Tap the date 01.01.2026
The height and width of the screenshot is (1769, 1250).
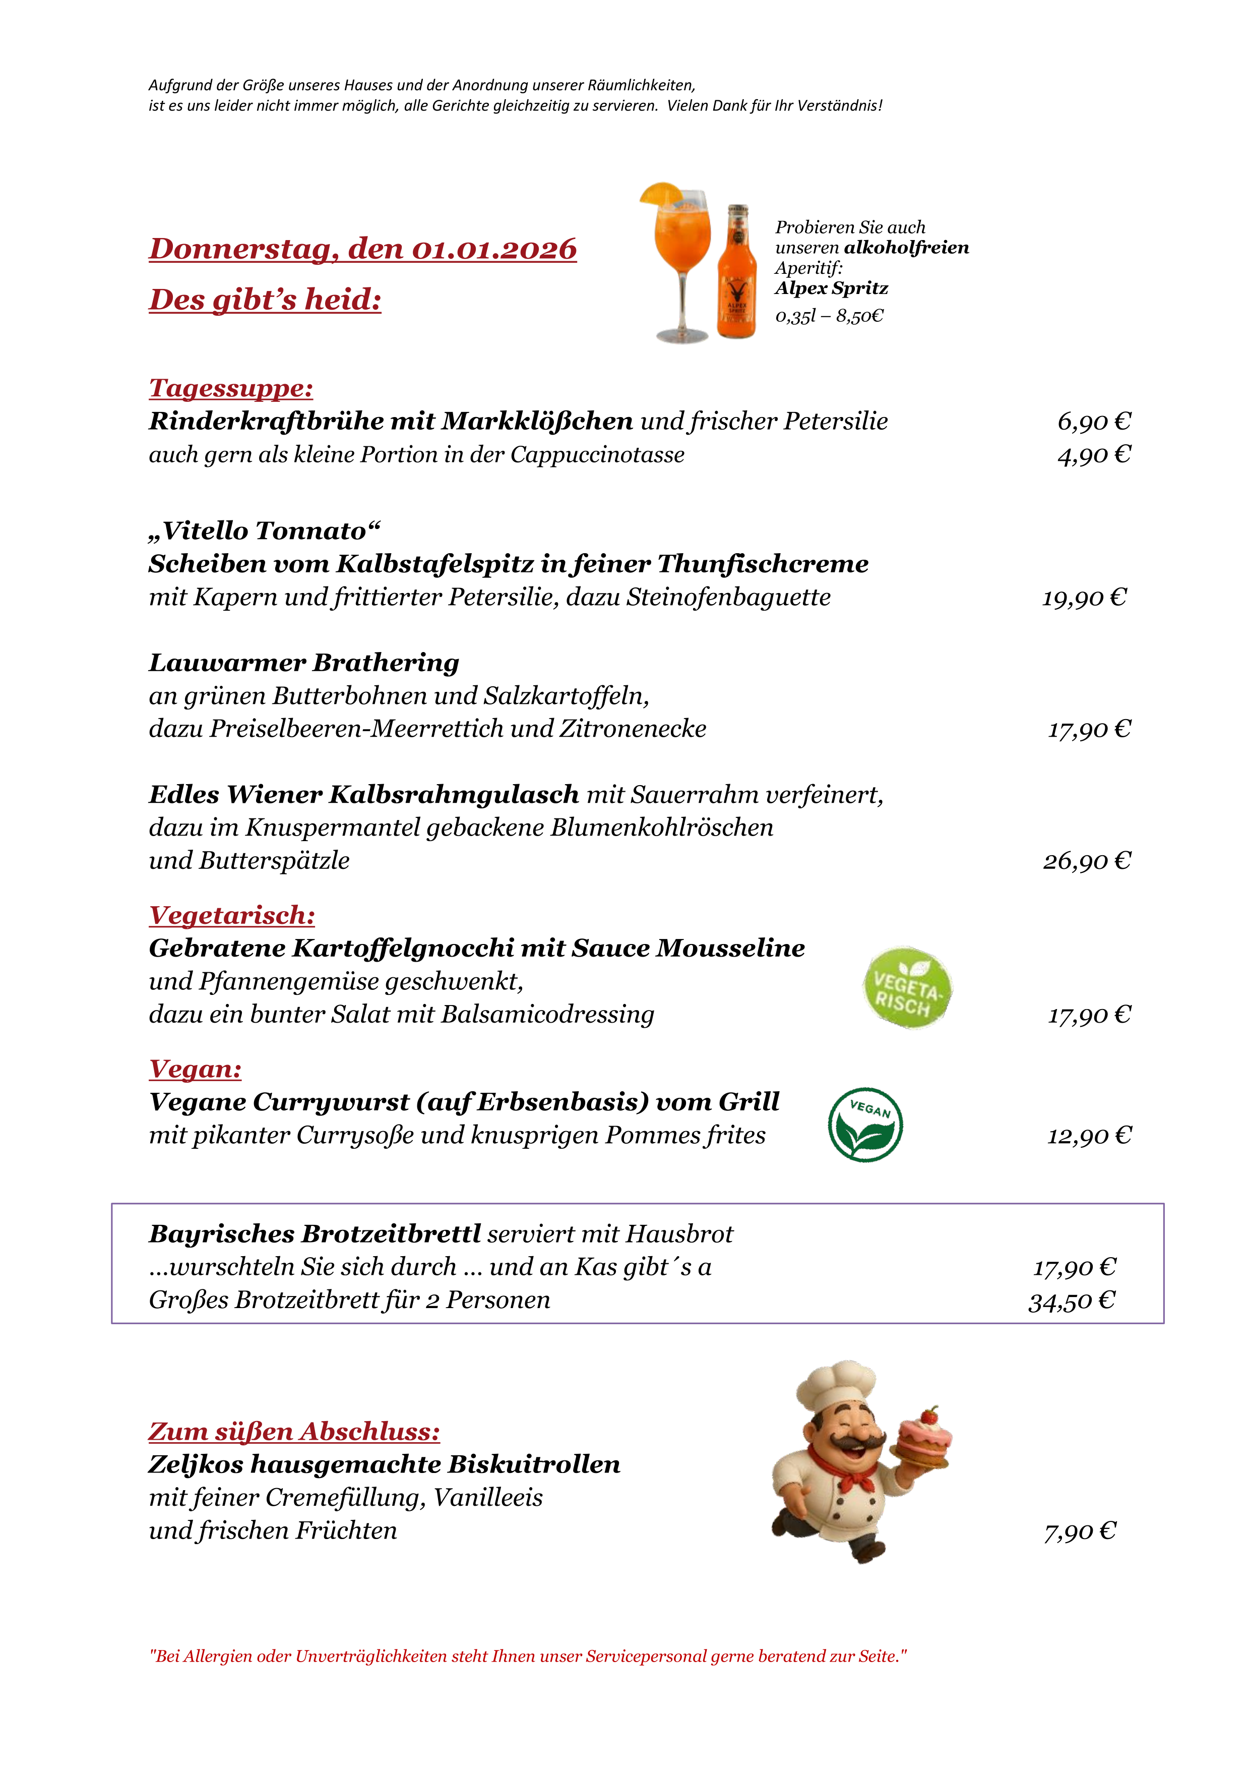pos(493,249)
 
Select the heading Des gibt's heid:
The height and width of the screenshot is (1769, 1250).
pos(265,300)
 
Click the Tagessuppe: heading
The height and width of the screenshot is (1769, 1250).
pos(231,388)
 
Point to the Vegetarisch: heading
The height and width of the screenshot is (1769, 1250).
pos(232,915)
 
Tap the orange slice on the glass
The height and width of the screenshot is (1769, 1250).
pos(659,193)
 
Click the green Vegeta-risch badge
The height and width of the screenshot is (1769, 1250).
pos(907,988)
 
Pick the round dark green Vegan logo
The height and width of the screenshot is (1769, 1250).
pos(865,1125)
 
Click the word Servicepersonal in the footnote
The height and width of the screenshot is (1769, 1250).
pos(645,1657)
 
